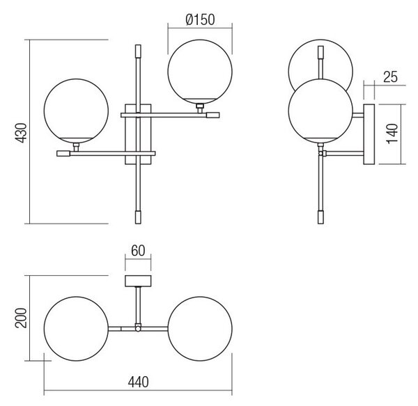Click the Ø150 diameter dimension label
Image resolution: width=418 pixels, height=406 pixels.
tap(200, 19)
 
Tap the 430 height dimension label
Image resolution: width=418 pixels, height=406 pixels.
tap(21, 133)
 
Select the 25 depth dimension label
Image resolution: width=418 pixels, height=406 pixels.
tap(390, 77)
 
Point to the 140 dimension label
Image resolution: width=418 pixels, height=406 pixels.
tap(392, 133)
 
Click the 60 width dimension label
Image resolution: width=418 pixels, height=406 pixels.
tap(138, 251)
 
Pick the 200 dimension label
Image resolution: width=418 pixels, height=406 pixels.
tap(21, 318)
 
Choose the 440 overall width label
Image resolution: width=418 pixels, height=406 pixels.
tap(138, 382)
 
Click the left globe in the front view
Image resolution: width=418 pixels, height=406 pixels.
tap(76, 111)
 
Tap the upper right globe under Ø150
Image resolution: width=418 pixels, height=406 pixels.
tap(200, 72)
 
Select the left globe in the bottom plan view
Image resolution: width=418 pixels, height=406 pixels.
tap(76, 329)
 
